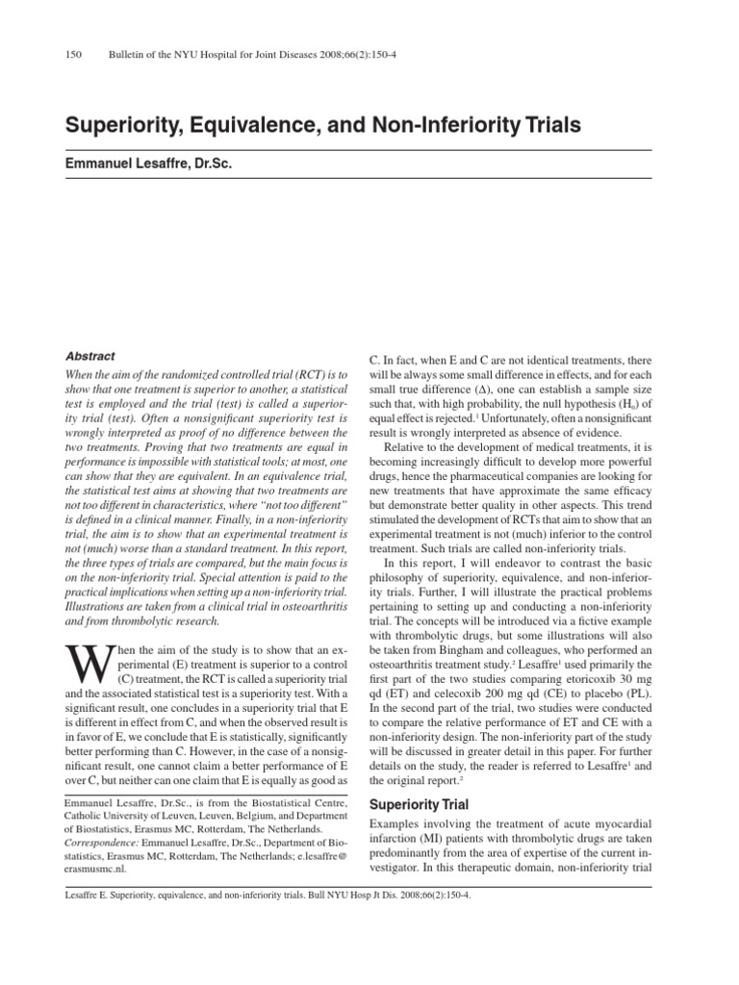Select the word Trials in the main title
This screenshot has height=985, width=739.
[x=553, y=126]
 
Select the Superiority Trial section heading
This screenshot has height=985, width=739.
[x=420, y=803]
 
